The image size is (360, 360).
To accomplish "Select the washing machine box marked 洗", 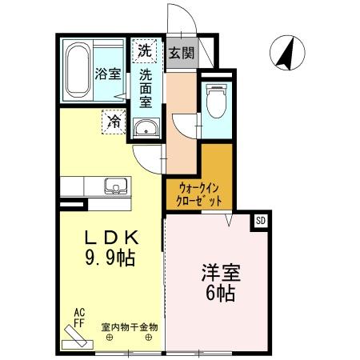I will click(144, 50).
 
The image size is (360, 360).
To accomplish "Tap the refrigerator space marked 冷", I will click(115, 122).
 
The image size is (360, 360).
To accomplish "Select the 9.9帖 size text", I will click(110, 258).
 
